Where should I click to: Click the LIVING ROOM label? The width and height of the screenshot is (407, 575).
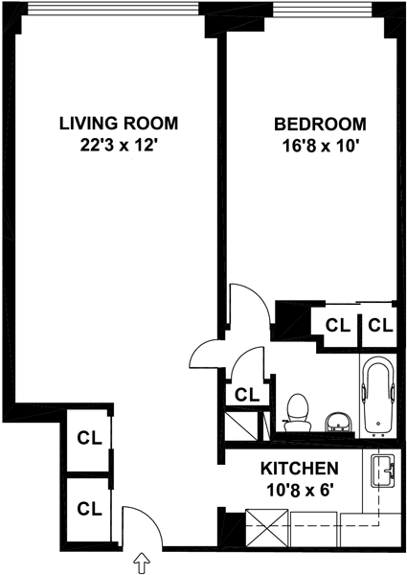tap(119, 124)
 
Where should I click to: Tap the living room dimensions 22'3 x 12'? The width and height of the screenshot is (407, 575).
tap(119, 146)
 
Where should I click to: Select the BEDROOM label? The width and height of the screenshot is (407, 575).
tap(320, 124)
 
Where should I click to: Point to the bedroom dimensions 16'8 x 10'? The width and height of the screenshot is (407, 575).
tap(320, 147)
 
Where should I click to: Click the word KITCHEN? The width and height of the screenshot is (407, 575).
tap(300, 469)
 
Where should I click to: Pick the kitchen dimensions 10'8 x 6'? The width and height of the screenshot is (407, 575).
tap(300, 490)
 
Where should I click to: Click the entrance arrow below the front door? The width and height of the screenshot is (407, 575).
tap(142, 563)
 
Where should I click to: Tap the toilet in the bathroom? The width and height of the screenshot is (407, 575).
tap(297, 413)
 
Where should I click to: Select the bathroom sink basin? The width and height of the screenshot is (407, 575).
tap(338, 422)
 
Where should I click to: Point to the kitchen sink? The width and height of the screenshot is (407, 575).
tap(383, 471)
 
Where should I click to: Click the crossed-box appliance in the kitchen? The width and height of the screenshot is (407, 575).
tap(266, 526)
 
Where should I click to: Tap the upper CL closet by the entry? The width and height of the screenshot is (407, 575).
tap(89, 438)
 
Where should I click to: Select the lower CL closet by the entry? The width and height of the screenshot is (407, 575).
tap(89, 509)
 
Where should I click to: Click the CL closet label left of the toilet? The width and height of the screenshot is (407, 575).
tap(247, 395)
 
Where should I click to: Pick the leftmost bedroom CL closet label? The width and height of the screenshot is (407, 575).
tap(338, 325)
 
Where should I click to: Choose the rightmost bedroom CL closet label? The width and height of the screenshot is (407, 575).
tap(380, 325)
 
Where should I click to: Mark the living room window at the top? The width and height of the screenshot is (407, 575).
tap(113, 9)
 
